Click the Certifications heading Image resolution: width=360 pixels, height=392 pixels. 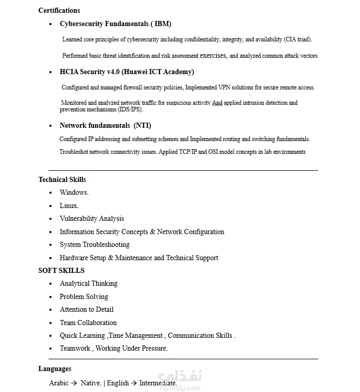point(59,10)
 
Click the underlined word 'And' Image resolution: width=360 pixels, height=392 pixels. point(217,103)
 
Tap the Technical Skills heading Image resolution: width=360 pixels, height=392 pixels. point(62,179)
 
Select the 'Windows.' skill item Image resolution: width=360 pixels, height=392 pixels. point(74,193)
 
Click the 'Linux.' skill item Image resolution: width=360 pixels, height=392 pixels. point(69,205)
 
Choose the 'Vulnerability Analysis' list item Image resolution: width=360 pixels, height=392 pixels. point(92,218)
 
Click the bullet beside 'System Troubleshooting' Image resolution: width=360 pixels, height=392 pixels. point(51,245)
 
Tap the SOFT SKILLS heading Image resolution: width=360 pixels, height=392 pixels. point(61,270)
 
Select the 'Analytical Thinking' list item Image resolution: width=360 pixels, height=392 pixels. point(88,283)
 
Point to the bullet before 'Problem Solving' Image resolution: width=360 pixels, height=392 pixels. point(51,297)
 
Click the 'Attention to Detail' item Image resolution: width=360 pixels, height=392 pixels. point(86,309)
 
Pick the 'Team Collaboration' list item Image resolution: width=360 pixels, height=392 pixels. point(88,322)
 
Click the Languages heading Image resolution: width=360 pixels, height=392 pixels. point(55,368)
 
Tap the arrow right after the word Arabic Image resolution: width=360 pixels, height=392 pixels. point(74,383)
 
